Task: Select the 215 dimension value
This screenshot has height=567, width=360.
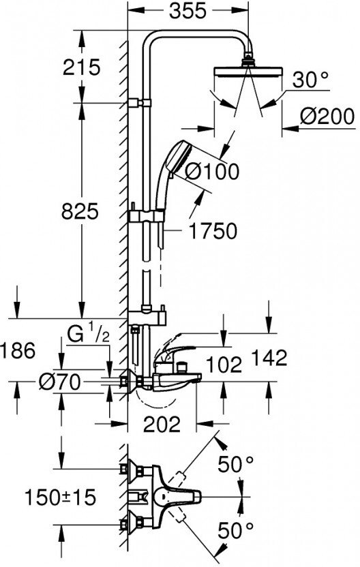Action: (81, 67)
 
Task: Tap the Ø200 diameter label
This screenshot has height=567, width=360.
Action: (327, 117)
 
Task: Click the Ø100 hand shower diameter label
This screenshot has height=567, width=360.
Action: (212, 170)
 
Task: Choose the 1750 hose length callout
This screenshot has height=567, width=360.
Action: (213, 231)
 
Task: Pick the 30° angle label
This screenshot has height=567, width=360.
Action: (310, 79)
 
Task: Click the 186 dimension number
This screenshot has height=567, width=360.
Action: (18, 350)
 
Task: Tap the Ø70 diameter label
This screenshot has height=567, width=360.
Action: (60, 382)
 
